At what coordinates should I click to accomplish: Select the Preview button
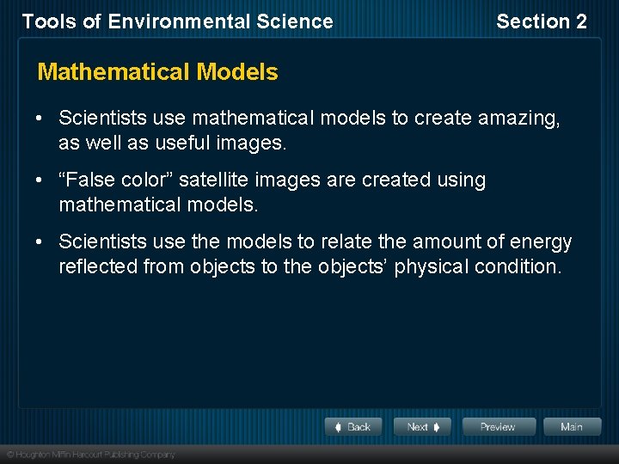point(498,427)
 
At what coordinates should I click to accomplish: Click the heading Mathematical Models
point(158,72)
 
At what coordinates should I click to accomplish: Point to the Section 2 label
point(542,22)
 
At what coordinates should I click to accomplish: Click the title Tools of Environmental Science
point(177,22)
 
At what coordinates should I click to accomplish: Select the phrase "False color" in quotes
point(116,180)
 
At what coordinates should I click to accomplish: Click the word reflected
point(96,266)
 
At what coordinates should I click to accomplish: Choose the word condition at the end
point(519,266)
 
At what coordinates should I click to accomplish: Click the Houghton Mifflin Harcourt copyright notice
point(91,455)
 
